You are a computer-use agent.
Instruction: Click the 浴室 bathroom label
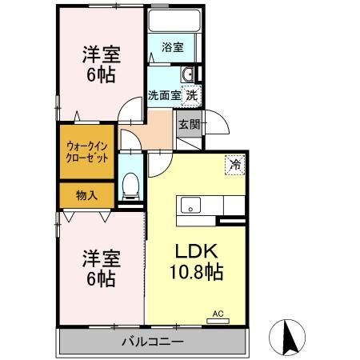click(x=173, y=47)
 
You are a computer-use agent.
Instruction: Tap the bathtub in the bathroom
click(x=174, y=21)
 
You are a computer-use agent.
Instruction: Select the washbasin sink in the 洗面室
click(x=188, y=74)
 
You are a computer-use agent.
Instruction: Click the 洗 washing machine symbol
click(x=191, y=96)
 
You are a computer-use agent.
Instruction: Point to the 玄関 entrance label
click(x=190, y=124)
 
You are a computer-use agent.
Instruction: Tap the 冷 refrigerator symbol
click(x=235, y=165)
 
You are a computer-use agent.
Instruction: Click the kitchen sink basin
click(x=190, y=205)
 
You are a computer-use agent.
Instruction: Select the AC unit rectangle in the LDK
click(x=218, y=321)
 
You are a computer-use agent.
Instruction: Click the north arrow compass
click(x=287, y=337)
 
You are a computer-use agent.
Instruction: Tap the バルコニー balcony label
click(x=153, y=342)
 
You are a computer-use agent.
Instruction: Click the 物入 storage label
click(x=86, y=195)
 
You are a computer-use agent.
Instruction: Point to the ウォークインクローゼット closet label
click(x=86, y=152)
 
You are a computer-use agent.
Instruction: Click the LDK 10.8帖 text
click(x=196, y=262)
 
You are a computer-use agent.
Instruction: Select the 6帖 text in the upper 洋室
click(x=101, y=74)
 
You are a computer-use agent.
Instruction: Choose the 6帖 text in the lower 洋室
click(x=101, y=278)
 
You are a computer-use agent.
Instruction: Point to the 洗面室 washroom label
click(x=165, y=95)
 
